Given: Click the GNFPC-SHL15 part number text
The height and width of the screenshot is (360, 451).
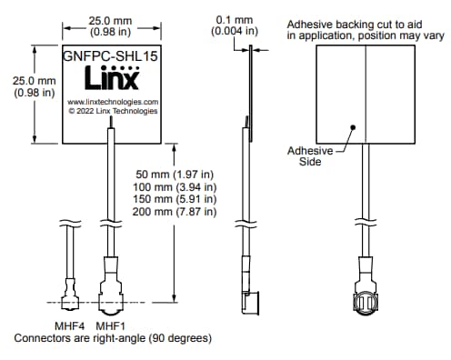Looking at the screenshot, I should [x=111, y=55].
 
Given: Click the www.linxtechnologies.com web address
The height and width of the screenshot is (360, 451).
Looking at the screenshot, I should [x=114, y=102].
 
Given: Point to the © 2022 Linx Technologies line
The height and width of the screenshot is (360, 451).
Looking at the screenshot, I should [x=112, y=112].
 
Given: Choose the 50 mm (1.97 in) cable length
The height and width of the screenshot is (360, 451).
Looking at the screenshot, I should [x=175, y=174].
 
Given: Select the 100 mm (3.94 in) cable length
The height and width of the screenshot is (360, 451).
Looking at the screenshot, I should [x=175, y=186].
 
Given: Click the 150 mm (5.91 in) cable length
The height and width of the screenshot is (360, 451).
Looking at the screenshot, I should [x=175, y=199].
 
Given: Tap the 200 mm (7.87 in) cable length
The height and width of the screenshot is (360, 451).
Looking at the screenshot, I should [x=175, y=212].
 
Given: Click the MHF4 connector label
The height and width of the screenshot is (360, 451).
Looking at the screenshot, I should [x=71, y=325].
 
